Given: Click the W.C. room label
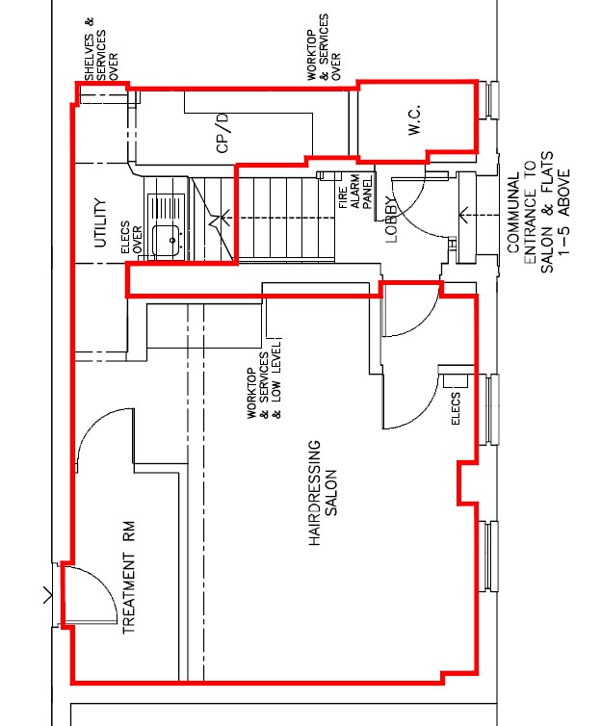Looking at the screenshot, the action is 414,120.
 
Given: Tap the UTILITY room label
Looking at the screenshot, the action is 100,223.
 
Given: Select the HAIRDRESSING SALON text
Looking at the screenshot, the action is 323,493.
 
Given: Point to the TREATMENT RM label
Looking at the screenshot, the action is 128,578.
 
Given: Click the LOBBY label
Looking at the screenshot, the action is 391,218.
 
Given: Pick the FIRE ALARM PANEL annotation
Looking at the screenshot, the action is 355,192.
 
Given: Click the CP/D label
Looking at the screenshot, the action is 222,133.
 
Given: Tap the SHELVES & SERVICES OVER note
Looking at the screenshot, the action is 101,49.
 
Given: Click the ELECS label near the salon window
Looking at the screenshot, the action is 456,408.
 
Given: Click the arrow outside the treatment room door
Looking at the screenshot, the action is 48,595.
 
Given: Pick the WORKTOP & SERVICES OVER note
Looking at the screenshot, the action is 324,47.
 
